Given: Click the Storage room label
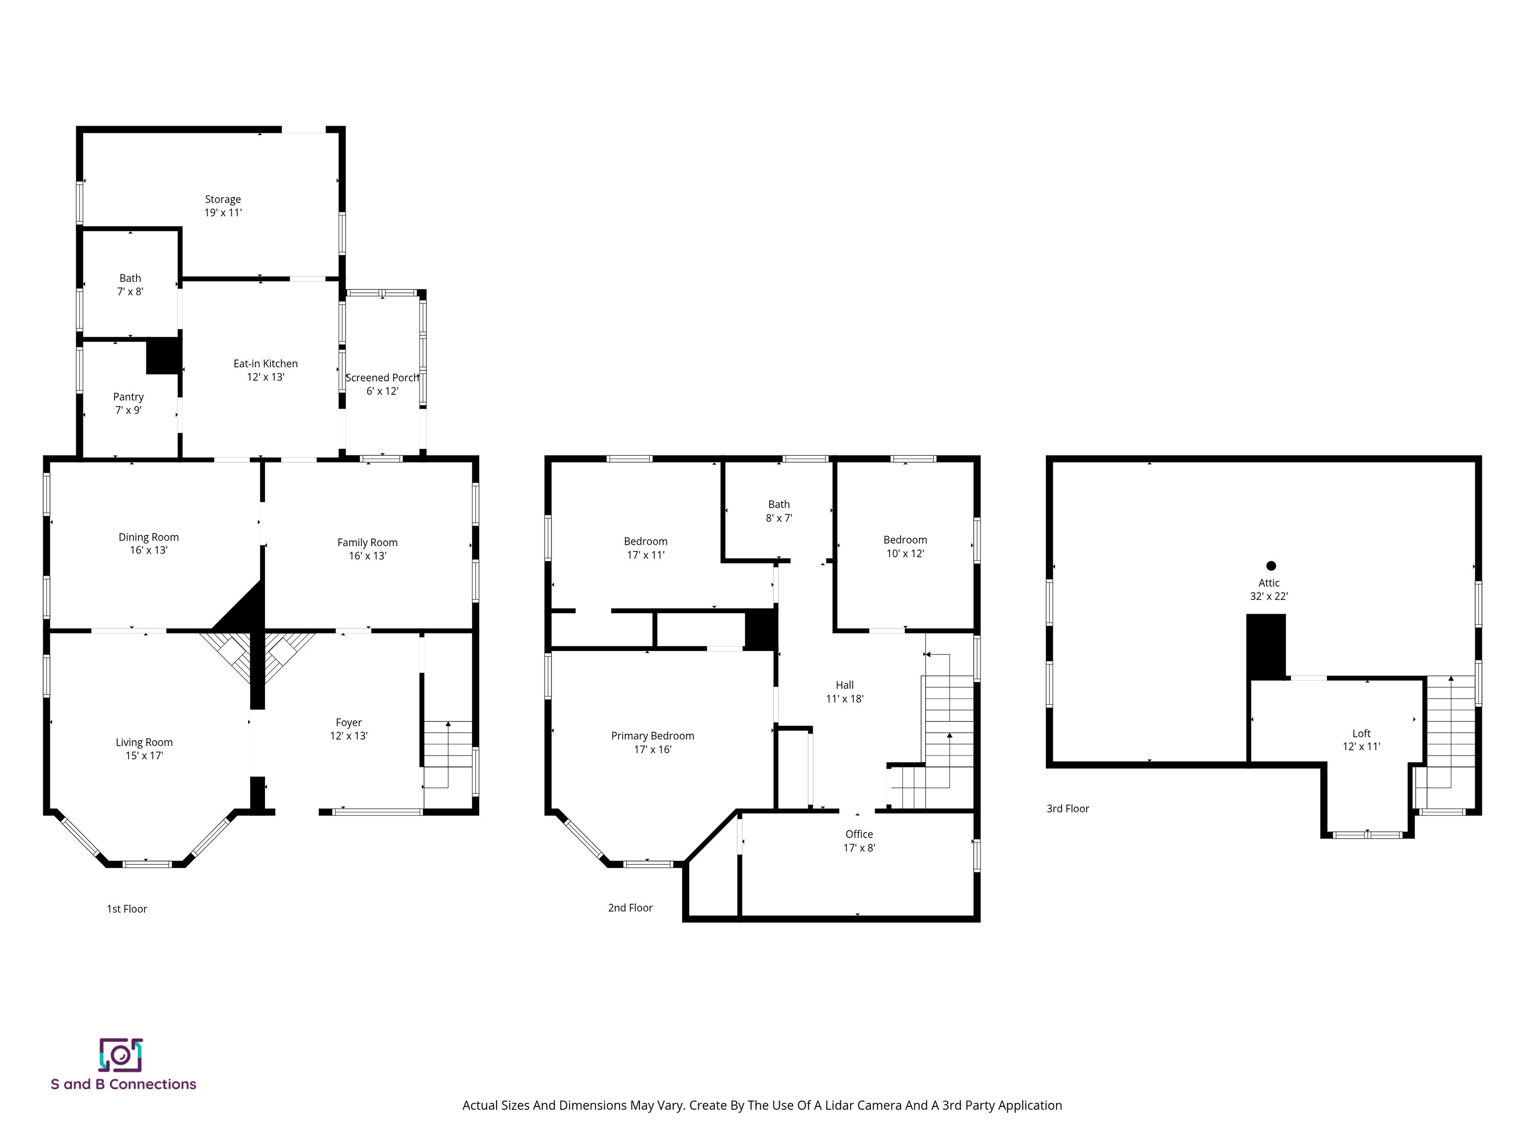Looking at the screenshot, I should click(x=223, y=199).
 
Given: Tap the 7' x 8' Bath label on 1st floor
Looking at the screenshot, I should click(x=130, y=285).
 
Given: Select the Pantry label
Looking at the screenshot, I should click(x=128, y=397).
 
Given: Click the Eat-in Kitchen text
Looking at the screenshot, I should click(x=266, y=363).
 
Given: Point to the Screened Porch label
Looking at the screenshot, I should click(x=382, y=378).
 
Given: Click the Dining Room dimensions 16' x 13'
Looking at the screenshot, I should click(x=148, y=550).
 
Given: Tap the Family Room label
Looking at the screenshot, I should click(x=367, y=543).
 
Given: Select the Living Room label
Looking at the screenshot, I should click(x=144, y=743).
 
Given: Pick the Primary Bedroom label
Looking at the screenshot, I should click(x=652, y=736).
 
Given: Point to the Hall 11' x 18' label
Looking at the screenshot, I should click(x=844, y=692).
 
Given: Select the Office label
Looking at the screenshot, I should click(x=859, y=834).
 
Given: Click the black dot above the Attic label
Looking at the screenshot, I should click(x=1271, y=566).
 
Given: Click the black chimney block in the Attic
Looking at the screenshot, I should click(x=1266, y=646).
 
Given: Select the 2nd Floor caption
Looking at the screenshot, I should click(x=630, y=908).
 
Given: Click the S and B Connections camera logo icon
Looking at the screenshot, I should click(x=121, y=1055).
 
